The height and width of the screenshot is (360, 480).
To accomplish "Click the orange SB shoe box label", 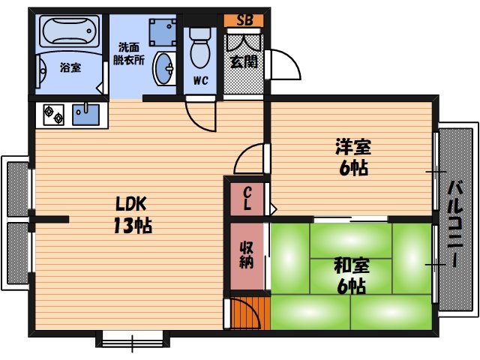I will pos(245,20).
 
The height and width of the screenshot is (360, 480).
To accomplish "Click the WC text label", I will pos(200,80).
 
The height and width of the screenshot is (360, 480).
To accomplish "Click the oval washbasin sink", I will pos(164,69).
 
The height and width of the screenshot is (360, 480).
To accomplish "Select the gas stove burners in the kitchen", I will pos(53,115).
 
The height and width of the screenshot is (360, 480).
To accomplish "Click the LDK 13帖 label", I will pos(133,214).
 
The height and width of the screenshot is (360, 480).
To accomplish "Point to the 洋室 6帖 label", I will pos(352,157).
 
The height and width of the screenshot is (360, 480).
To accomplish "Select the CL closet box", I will pos(247,198).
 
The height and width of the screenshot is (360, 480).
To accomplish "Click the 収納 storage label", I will pos(247,256).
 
